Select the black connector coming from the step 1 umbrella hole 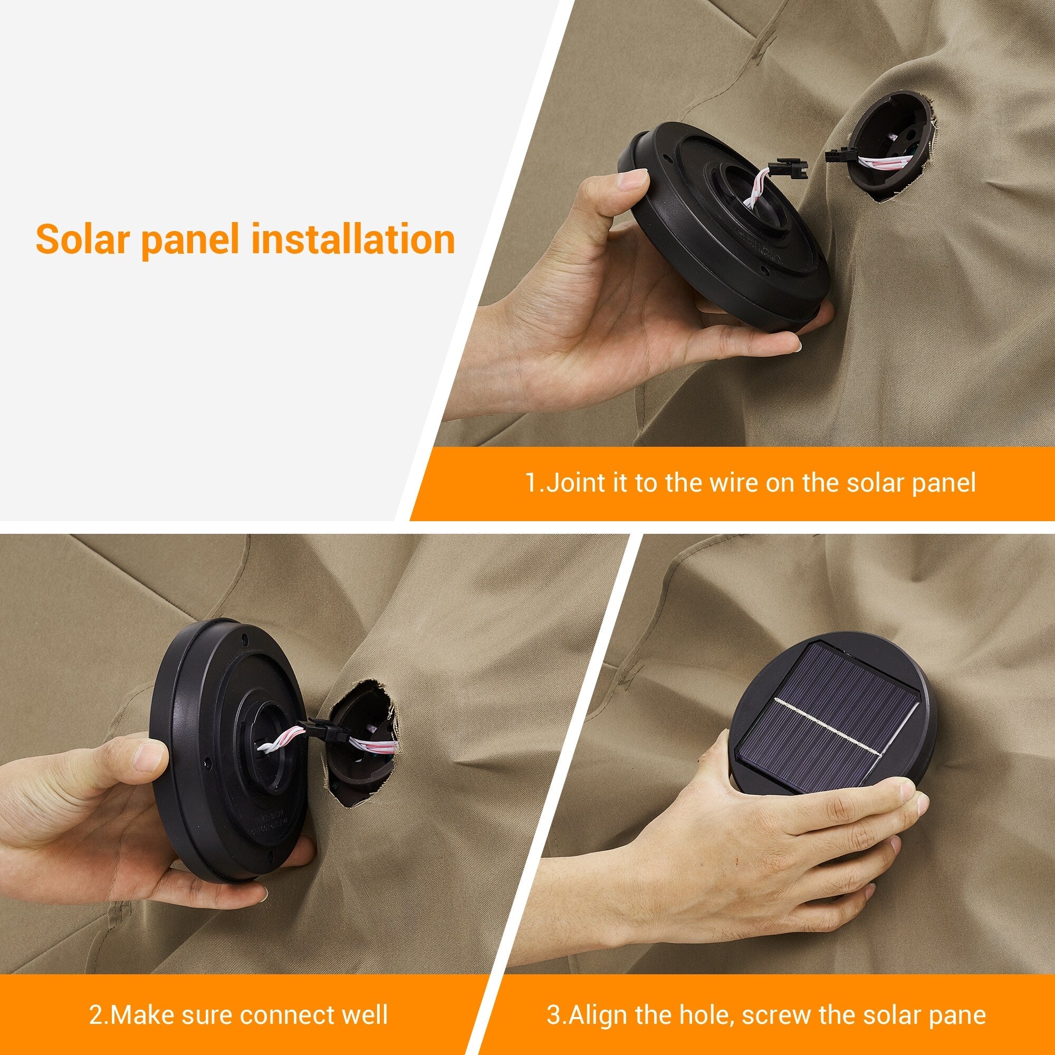[839, 157]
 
